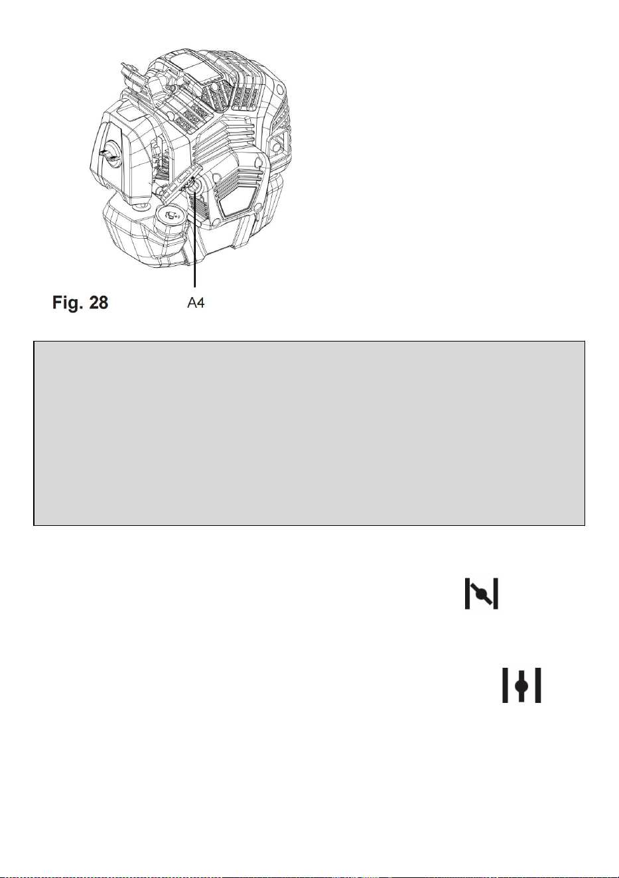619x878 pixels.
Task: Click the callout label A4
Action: click(196, 302)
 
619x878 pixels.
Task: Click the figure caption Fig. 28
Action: click(80, 302)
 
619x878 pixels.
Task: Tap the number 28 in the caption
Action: click(98, 302)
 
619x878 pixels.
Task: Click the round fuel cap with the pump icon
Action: click(171, 216)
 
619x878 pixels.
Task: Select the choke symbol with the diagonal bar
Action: click(481, 594)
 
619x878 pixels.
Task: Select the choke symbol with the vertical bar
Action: click(521, 685)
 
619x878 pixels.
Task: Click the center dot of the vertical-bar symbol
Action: click(521, 686)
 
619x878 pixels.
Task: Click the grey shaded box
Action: click(309, 433)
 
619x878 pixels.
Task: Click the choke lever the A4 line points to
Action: click(185, 183)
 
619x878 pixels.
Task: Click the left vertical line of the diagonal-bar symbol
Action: click(467, 594)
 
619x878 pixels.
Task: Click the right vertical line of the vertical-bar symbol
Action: click(538, 685)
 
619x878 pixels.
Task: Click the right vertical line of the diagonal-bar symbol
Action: click(496, 594)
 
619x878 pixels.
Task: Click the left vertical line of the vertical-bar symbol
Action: click(506, 685)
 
